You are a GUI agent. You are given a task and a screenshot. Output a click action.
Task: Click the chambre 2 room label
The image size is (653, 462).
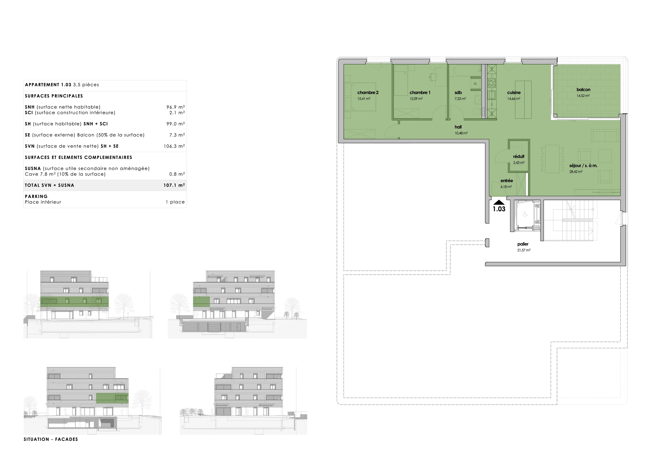pos(368,92)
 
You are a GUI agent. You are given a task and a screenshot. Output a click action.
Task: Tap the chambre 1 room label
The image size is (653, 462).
pos(420,92)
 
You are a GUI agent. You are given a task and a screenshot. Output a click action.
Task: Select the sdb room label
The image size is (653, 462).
pos(458,92)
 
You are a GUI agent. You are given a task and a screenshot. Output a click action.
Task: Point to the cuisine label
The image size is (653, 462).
pos(514,92)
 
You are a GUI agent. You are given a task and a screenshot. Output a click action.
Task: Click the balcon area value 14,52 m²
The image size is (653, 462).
pos(583,96)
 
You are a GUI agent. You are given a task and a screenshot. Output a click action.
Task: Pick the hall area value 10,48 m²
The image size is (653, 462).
pos(461,133)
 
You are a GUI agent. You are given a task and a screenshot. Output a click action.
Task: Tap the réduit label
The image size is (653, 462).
pos(519,156)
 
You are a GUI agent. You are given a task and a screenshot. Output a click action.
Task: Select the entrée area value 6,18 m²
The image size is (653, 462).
pos(506,187)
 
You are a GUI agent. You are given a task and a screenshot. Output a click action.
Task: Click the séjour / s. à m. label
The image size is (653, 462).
pos(583,166)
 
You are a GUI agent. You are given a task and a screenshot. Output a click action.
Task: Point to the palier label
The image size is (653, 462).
pos(523,244)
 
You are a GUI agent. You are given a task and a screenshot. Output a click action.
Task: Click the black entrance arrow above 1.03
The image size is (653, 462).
pos(499,202)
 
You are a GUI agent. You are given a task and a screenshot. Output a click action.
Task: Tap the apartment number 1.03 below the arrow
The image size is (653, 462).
pos(499,209)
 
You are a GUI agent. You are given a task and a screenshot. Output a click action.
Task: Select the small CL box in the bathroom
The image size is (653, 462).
pos(475,84)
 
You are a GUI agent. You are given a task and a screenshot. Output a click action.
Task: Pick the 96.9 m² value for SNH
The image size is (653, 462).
pos(175,107)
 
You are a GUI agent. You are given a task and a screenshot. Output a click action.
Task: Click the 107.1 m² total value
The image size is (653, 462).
pos(174,185)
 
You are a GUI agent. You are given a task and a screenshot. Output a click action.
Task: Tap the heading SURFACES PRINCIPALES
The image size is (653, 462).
pos(54,96)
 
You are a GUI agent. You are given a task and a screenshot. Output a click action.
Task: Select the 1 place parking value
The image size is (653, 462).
pos(175,202)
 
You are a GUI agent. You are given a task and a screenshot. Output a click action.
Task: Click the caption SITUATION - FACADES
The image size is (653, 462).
pos(51,439)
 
